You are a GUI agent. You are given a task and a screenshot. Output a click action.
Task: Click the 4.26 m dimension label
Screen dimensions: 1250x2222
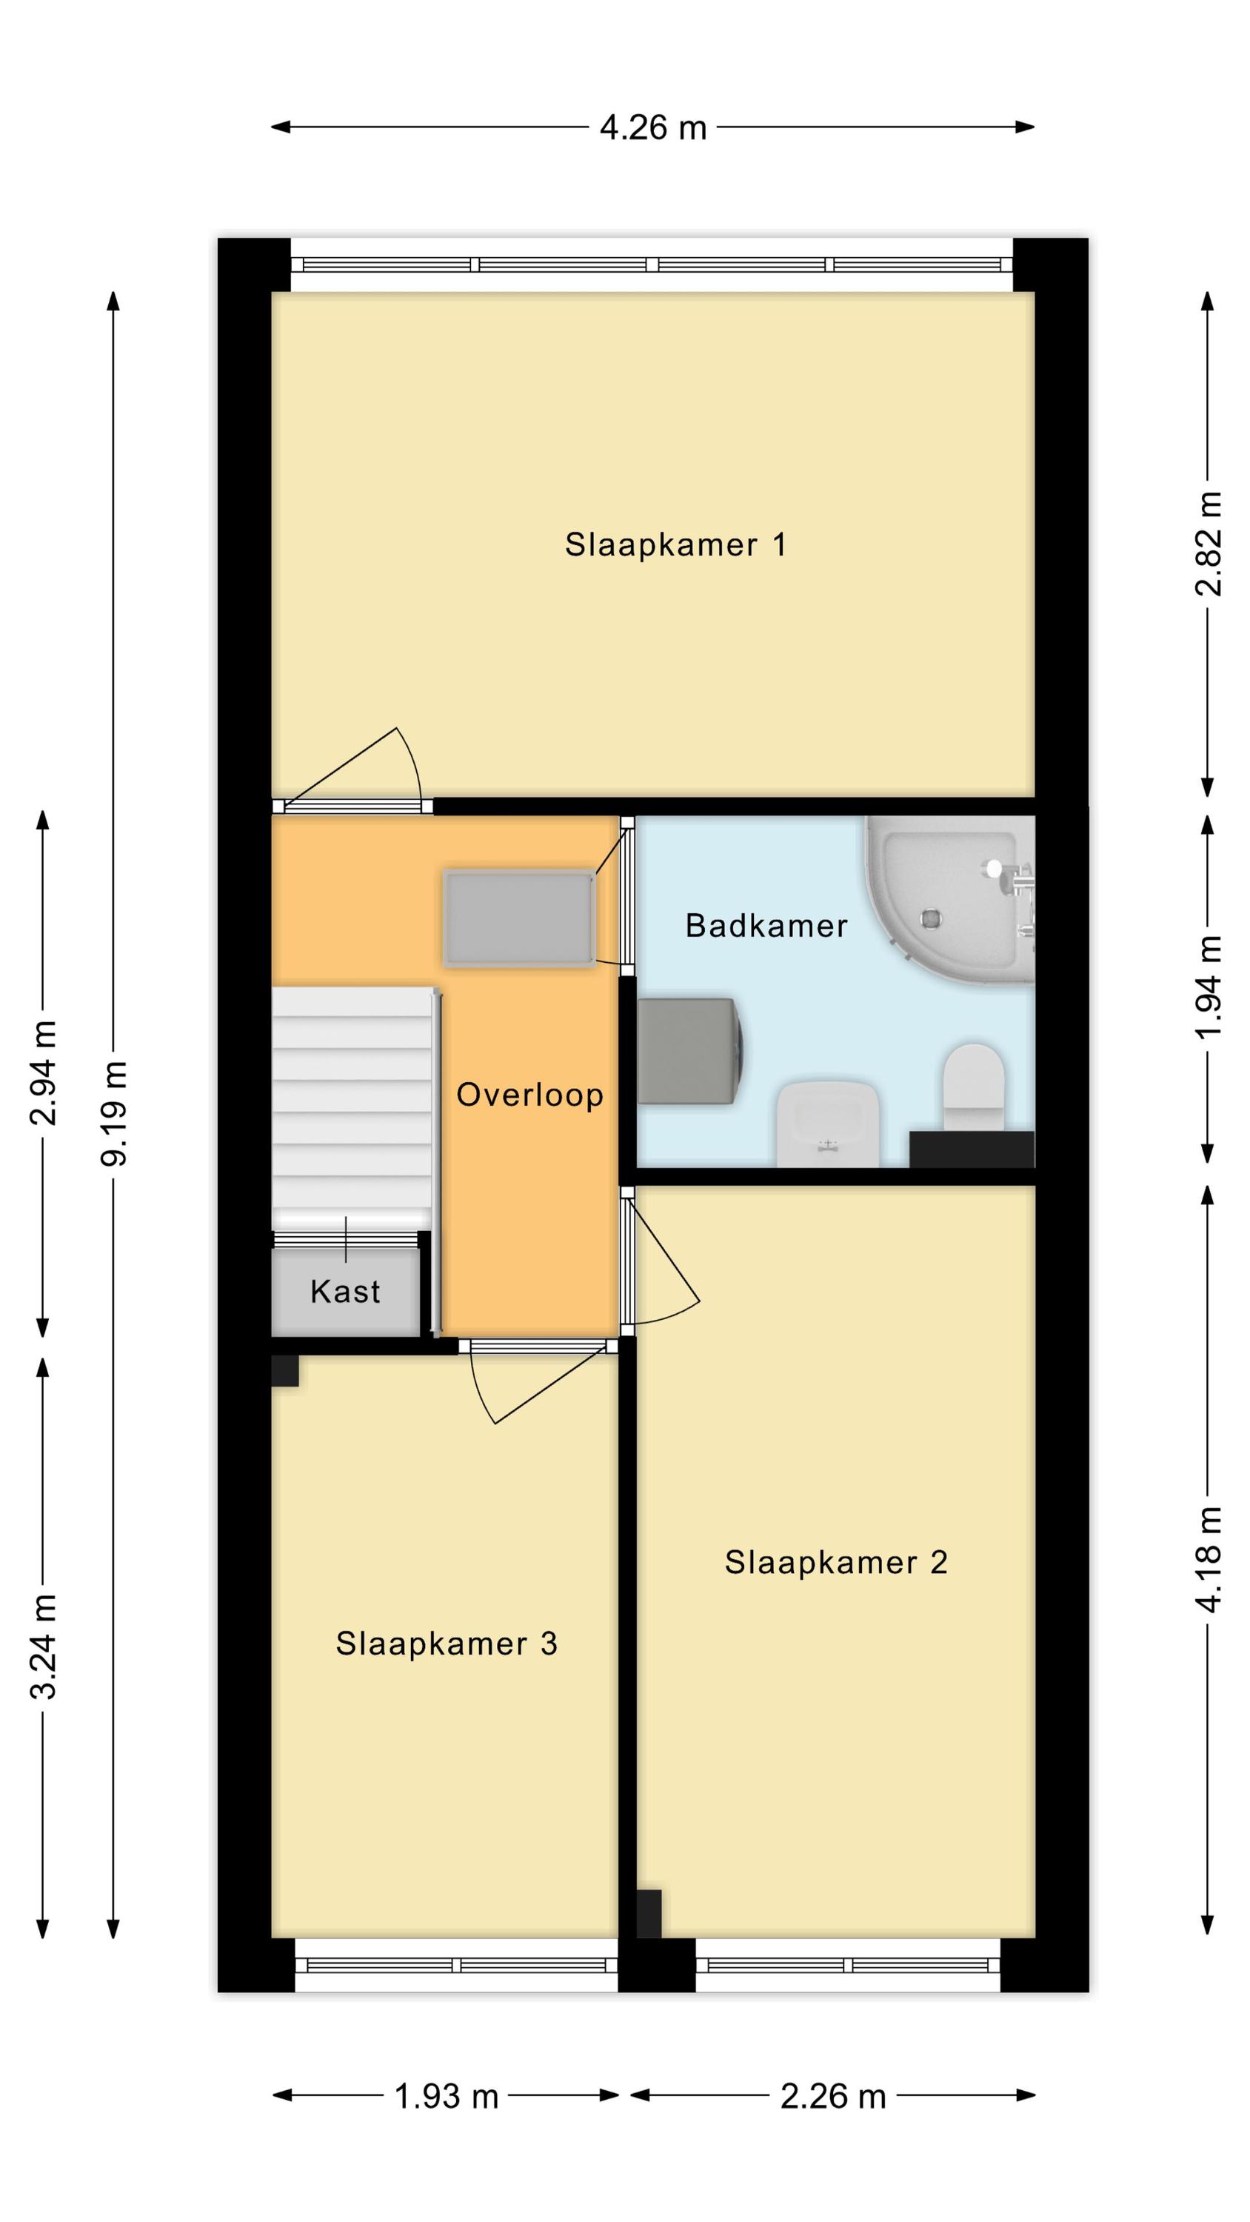653,127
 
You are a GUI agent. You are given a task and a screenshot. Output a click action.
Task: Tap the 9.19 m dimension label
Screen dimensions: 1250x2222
113,1113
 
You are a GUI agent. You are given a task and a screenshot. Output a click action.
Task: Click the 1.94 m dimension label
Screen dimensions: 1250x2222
1209,987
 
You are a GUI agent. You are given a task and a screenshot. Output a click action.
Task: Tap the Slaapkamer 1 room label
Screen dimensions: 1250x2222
675,544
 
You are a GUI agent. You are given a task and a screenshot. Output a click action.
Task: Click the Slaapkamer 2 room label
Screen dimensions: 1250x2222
836,1562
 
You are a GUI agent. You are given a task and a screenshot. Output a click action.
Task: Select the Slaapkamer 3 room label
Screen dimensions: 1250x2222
447,1644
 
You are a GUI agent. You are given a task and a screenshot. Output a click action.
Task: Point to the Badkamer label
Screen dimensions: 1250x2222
766,926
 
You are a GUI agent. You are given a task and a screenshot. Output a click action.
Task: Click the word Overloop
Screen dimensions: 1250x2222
529,1095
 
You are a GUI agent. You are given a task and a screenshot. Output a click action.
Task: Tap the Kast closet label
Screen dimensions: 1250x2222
345,1291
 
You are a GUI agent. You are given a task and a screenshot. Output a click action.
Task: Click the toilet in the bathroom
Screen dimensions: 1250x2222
974,1088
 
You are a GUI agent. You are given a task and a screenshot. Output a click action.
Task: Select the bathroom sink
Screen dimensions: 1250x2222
828,1123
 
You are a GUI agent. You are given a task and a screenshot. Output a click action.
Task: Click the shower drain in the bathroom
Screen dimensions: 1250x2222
930,918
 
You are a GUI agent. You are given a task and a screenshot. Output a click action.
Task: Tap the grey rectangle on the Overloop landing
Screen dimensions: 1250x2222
519,918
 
